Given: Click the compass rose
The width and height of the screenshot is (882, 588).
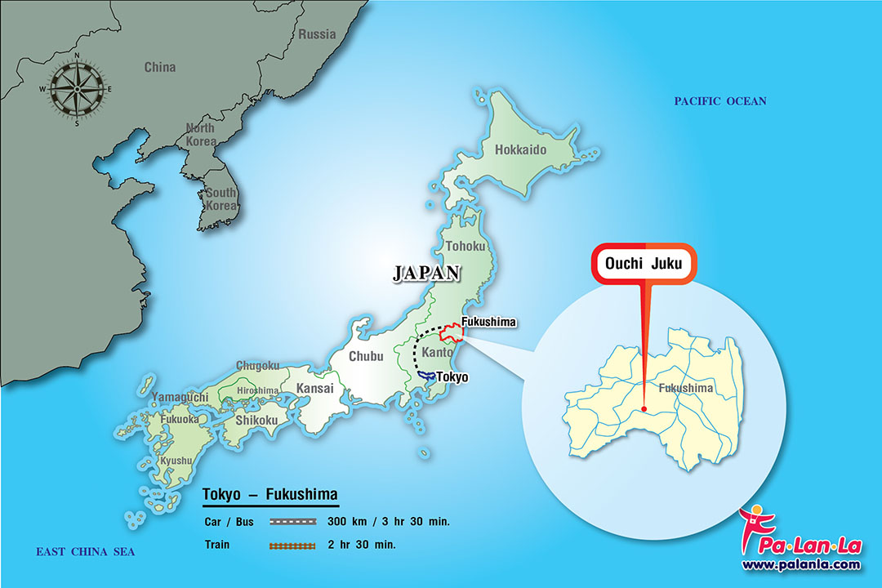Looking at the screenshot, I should (78, 89).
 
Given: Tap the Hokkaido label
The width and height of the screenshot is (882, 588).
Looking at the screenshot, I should (520, 149).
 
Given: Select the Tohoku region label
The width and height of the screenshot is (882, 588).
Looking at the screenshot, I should (465, 246).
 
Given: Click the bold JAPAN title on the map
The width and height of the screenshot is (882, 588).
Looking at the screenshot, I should (427, 274).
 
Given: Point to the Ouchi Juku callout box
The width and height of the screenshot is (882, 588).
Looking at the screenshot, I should (644, 264).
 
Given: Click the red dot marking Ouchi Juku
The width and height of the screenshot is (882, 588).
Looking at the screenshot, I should (644, 409).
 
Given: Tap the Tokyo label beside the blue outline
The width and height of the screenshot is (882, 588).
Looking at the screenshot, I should (453, 376).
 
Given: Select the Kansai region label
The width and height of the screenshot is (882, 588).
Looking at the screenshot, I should (314, 389).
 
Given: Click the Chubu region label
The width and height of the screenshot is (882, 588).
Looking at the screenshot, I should (365, 356).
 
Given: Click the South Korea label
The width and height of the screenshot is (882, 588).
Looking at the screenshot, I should (221, 199).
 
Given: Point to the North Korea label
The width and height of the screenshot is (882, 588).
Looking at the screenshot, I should (200, 135).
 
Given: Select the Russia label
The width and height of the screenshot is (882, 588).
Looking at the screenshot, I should (317, 34).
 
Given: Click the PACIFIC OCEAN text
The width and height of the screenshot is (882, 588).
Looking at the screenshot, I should (720, 101).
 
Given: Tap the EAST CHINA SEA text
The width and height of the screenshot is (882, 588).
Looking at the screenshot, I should (85, 553).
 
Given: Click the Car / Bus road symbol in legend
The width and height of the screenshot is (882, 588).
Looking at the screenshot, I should (292, 521).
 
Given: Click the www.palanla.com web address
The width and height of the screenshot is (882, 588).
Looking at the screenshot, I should (800, 564).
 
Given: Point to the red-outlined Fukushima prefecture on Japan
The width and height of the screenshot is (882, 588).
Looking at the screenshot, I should (452, 334).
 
